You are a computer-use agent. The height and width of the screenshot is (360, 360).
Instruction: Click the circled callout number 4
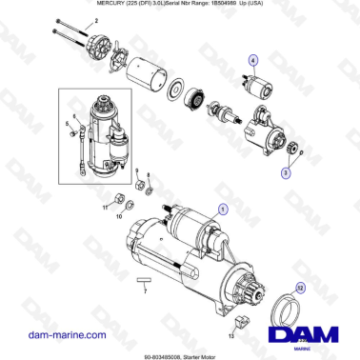pyautogui.click(x=253, y=60)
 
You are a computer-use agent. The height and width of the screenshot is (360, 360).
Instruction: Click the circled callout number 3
pyautogui.click(x=286, y=173)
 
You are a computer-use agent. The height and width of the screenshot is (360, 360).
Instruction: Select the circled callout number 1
pyautogui.click(x=223, y=207)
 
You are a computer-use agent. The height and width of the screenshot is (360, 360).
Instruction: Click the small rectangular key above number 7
pyautogui.click(x=145, y=281)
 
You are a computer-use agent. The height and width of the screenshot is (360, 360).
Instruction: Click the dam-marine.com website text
pyautogui.click(x=67, y=335)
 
